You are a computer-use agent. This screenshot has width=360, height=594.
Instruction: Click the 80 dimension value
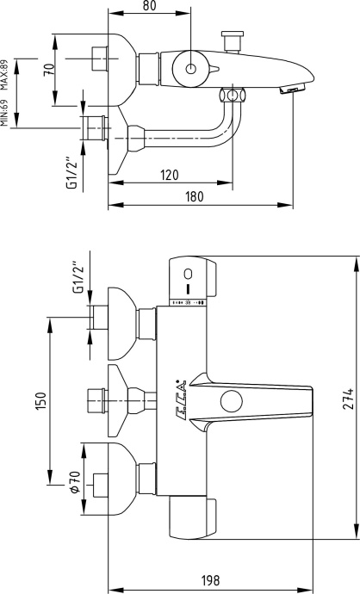[150, 6]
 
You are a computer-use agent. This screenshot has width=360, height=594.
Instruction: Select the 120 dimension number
[170, 175]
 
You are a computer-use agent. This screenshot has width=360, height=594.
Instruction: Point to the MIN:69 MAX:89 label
[5, 94]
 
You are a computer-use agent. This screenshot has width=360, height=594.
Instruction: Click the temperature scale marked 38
[188, 303]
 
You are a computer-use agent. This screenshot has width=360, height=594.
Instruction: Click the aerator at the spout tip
[293, 90]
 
